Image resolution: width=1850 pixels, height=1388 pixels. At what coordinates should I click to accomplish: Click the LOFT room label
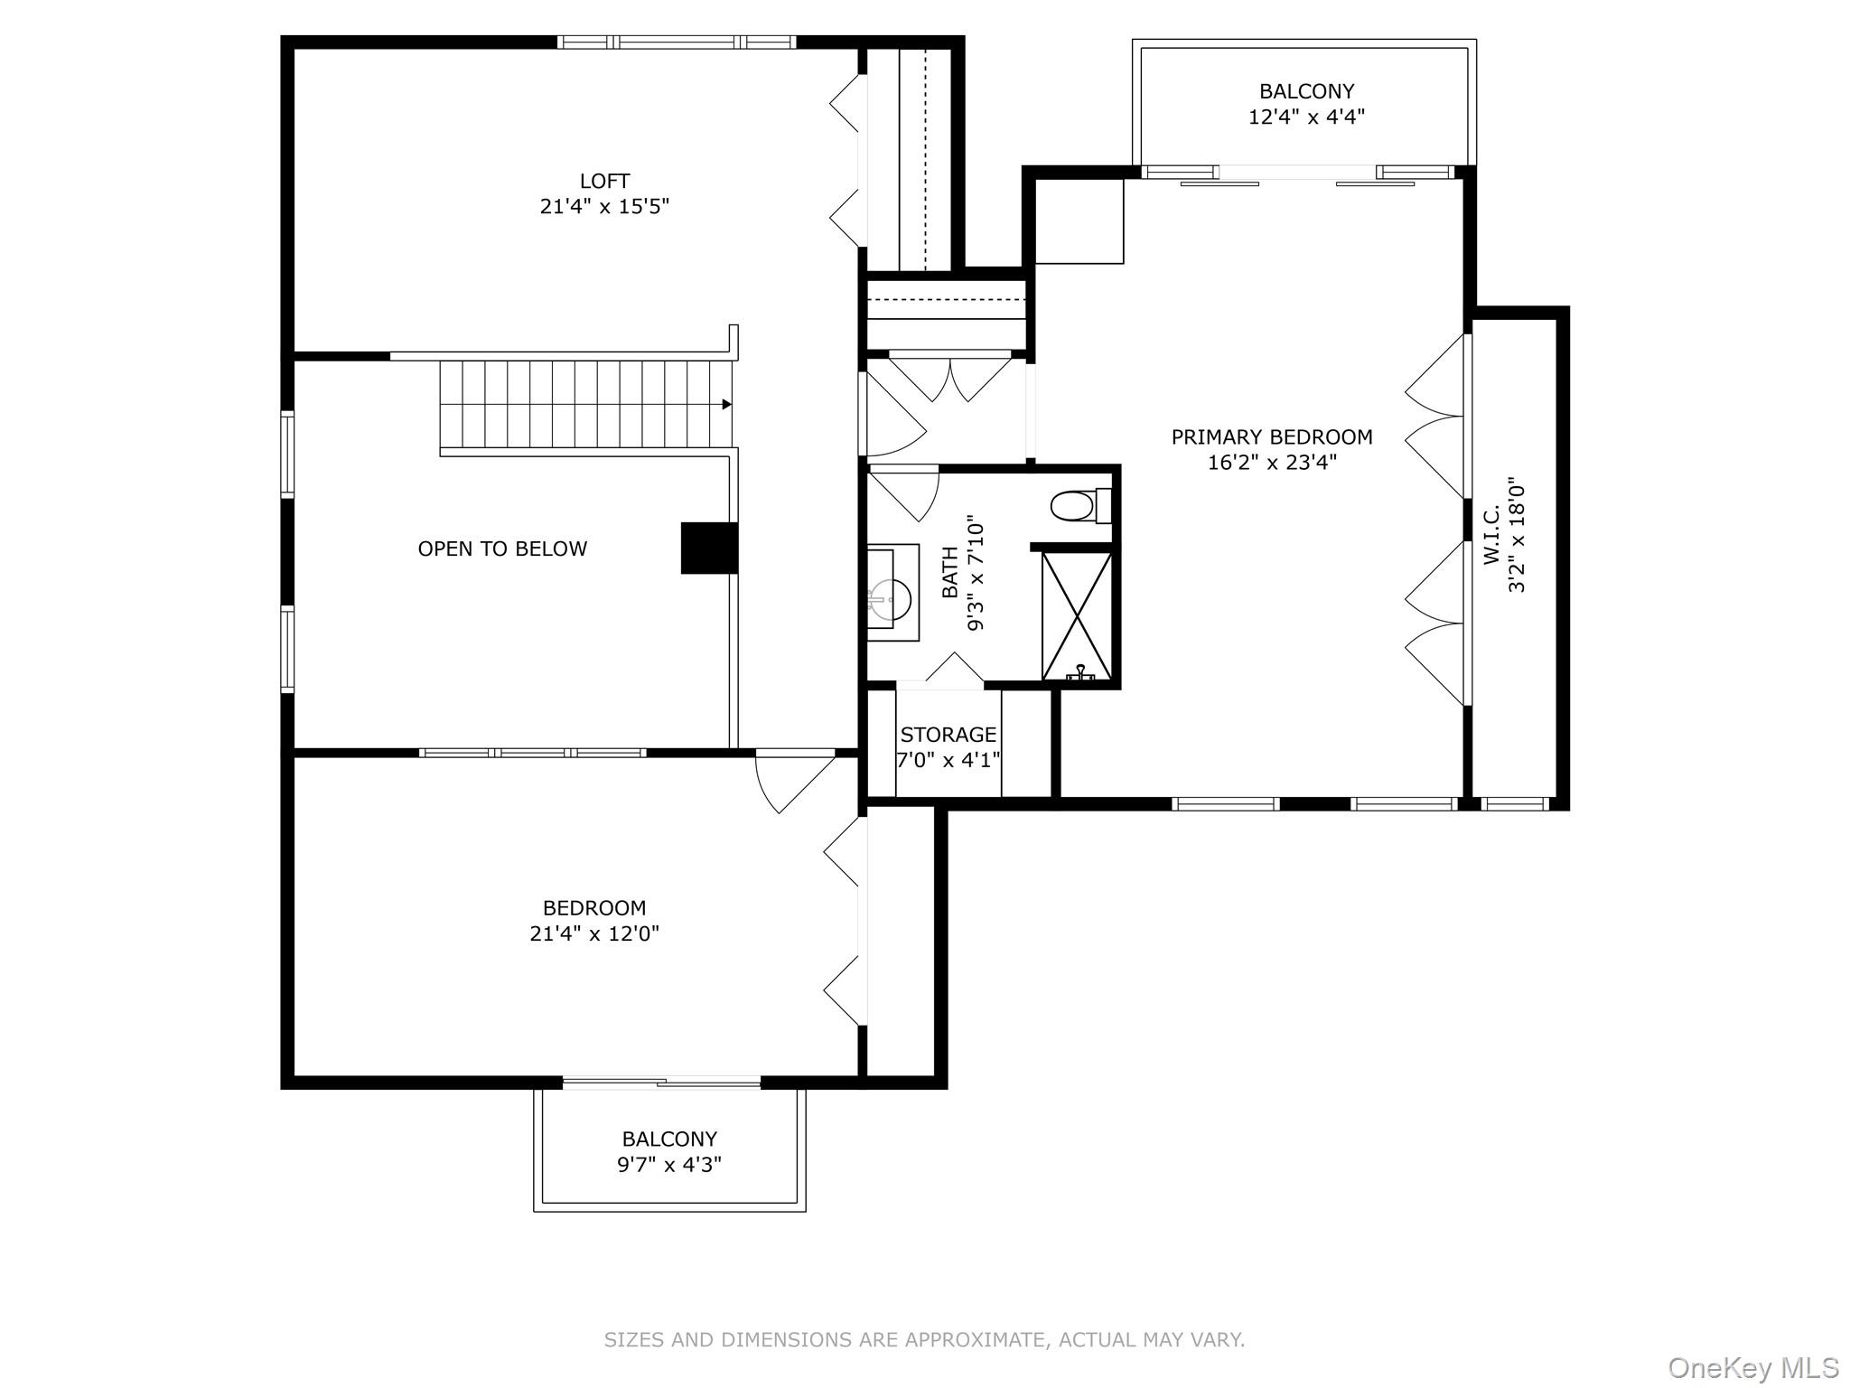(x=604, y=181)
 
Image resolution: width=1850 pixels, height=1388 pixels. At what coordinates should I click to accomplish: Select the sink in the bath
(x=891, y=596)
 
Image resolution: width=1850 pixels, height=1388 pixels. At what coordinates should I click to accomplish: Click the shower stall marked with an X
(x=1076, y=616)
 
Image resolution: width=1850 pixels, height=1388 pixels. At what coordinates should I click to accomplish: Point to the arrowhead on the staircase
(x=726, y=405)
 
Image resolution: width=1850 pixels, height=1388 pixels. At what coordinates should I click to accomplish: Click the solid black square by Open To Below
(x=708, y=548)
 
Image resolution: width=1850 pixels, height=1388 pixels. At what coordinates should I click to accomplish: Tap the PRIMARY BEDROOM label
(x=1271, y=437)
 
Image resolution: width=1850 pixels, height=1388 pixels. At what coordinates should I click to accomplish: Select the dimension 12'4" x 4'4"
(x=1305, y=117)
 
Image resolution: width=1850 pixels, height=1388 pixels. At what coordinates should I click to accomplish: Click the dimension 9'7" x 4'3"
(x=668, y=1165)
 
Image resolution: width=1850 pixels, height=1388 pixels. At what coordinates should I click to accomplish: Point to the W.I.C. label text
(x=1491, y=535)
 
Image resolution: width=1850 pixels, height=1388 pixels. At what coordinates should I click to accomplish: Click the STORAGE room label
(x=948, y=735)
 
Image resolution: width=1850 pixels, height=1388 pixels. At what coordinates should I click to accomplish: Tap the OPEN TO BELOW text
(x=502, y=549)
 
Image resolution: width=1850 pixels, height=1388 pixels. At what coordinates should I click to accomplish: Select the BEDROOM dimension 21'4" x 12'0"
(x=594, y=933)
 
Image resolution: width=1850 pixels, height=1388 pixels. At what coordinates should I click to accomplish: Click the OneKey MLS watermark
(x=1752, y=1367)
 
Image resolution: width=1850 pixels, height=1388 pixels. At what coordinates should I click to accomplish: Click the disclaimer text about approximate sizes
(x=924, y=1339)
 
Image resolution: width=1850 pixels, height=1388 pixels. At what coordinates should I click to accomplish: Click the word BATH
(x=950, y=573)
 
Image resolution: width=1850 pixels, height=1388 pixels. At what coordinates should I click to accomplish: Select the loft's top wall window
(x=676, y=42)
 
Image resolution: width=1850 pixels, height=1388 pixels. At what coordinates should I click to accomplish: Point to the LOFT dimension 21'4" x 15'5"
(x=604, y=207)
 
